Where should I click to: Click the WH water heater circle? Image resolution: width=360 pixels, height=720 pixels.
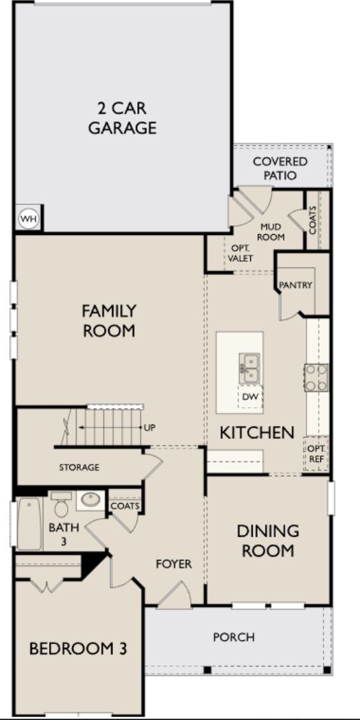coord(27,219)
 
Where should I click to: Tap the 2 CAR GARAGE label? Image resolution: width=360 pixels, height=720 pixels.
coord(122,118)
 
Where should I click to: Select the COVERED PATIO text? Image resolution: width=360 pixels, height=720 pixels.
coord(280,168)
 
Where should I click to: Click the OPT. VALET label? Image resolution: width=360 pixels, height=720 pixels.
coord(241,253)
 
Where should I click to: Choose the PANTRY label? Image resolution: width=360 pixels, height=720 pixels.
coord(296,285)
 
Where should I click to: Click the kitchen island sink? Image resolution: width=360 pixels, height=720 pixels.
coord(250,368)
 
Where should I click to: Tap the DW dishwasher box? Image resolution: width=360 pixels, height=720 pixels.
coord(250,397)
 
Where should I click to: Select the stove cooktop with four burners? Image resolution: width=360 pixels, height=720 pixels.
coord(316,377)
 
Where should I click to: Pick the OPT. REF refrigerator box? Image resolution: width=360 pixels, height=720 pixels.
coord(317,453)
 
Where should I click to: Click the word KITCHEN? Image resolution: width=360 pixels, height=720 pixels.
coord(257,432)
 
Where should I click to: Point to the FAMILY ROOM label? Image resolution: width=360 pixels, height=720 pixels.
coord(109,320)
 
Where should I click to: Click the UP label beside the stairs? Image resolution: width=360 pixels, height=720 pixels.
coord(150,427)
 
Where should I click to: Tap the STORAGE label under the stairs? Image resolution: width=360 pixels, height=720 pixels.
coord(79,467)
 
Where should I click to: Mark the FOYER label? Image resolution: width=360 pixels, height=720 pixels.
coord(174,564)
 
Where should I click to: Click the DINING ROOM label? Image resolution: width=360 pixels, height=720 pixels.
coord(267,540)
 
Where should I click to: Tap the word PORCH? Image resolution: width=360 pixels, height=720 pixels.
coord(234,637)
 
